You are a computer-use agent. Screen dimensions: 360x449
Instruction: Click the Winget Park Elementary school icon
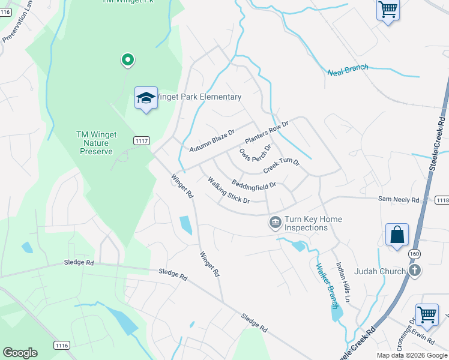pyautogui.click(x=145, y=98)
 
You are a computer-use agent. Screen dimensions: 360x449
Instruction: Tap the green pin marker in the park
pyautogui.click(x=127, y=59)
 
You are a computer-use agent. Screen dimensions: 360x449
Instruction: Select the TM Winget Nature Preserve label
pyautogui.click(x=96, y=143)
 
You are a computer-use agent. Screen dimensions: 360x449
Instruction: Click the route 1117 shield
pyautogui.click(x=141, y=140)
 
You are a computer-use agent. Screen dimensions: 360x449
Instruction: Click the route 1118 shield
pyautogui.click(x=441, y=200)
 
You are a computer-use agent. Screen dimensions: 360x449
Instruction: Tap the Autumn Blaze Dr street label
pyautogui.click(x=211, y=140)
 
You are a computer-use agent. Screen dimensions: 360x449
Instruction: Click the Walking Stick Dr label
pyautogui.click(x=228, y=190)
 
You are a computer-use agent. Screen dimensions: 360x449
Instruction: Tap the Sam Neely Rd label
pyautogui.click(x=398, y=198)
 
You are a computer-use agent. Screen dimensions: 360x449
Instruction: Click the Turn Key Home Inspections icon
pyautogui.click(x=275, y=223)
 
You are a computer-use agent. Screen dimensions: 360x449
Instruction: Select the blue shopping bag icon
pyautogui.click(x=397, y=235)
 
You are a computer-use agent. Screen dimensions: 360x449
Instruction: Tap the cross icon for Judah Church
pyautogui.click(x=414, y=271)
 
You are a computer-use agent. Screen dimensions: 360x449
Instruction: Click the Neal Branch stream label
pyautogui.click(x=348, y=70)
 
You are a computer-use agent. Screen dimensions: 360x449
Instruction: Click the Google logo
pyautogui.click(x=20, y=353)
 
